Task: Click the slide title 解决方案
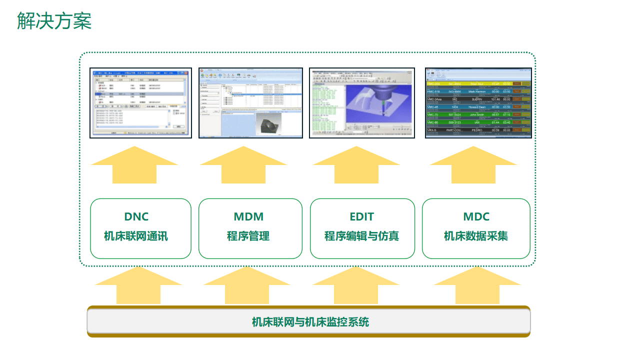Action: (54, 21)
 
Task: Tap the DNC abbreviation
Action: (136, 217)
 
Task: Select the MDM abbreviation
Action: (248, 217)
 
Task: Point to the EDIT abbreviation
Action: (361, 217)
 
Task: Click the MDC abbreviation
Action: (476, 217)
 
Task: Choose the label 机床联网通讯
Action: (136, 236)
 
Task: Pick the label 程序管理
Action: (248, 236)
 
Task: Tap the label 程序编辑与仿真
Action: (361, 236)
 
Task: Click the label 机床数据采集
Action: (476, 236)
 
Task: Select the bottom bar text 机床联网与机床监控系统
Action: (310, 322)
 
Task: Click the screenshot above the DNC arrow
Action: (140, 103)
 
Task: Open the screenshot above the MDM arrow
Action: (251, 103)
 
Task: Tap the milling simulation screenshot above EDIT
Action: (362, 103)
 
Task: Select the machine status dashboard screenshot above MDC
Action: (478, 103)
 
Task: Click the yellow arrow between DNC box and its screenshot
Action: (134, 165)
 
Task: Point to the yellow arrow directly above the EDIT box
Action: (356, 165)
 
